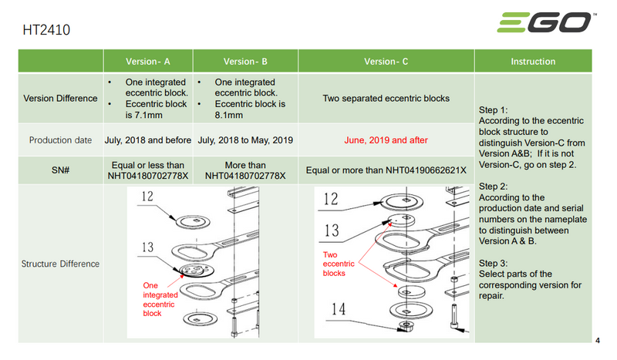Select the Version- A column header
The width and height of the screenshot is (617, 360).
(x=149, y=62)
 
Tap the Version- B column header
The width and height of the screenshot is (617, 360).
(x=245, y=62)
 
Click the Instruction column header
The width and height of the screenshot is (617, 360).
(x=533, y=62)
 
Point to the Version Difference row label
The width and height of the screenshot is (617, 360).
(x=60, y=99)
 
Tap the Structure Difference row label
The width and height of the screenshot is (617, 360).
(x=60, y=264)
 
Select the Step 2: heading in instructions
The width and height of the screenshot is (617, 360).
(x=493, y=187)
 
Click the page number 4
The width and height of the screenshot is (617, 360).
(x=600, y=340)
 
